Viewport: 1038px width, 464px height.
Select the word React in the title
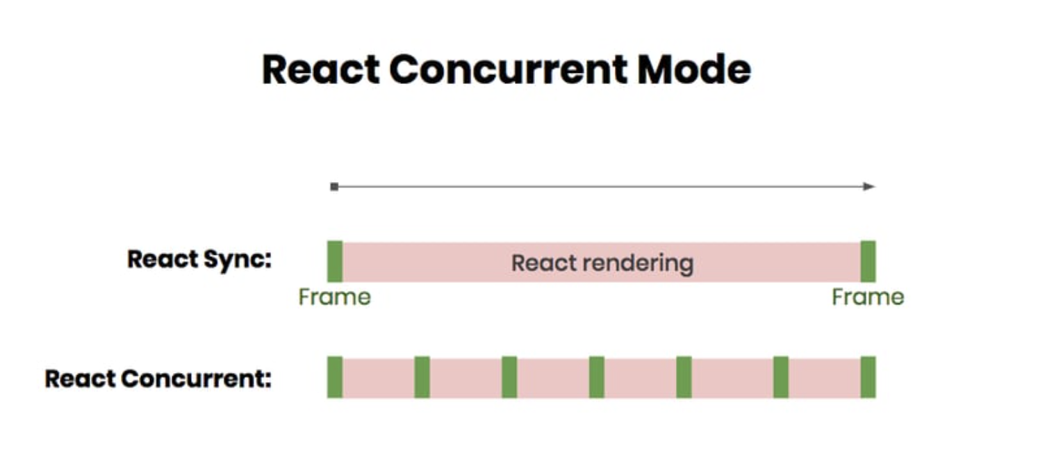pos(321,69)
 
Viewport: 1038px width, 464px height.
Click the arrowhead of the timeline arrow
pos(869,186)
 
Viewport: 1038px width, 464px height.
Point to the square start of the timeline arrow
pos(334,186)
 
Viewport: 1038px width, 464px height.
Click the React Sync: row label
pos(199,260)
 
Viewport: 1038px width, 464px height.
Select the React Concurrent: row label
pos(158,379)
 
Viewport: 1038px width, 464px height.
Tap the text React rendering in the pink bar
pos(602,263)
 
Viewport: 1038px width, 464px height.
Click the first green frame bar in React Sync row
pos(335,261)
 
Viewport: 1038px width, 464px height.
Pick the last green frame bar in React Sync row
pos(868,261)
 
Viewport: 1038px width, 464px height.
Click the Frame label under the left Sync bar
pos(334,297)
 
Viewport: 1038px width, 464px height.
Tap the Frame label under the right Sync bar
pos(868,297)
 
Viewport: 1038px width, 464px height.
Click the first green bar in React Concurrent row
pos(335,377)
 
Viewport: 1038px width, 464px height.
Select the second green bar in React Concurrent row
pos(422,377)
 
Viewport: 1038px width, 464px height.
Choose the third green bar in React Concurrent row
pos(509,377)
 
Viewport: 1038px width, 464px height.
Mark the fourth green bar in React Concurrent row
pos(597,377)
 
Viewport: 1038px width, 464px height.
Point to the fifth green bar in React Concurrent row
pos(684,377)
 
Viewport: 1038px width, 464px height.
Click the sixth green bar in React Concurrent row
pos(781,377)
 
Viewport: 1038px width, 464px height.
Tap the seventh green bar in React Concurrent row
pos(868,377)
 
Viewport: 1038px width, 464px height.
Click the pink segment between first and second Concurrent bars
pos(379,377)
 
